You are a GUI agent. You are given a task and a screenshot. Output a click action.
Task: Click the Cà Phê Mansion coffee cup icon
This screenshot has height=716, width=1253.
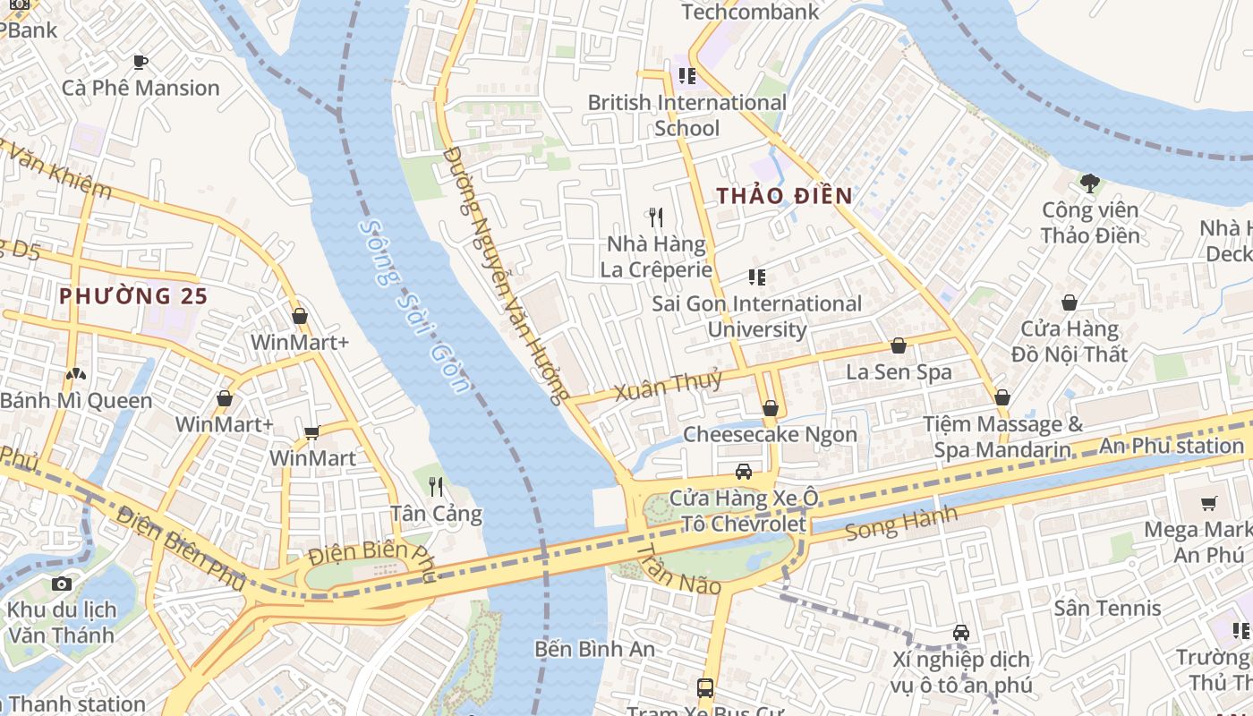point(140,62)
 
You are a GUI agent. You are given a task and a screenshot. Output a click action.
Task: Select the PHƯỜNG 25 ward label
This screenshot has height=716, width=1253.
point(133,295)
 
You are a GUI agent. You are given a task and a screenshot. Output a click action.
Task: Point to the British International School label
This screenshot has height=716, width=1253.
point(686,115)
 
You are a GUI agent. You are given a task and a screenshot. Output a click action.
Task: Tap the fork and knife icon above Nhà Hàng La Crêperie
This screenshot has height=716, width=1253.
point(656,217)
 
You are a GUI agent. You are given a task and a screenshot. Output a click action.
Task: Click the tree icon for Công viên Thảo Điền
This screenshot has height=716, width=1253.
point(1089,183)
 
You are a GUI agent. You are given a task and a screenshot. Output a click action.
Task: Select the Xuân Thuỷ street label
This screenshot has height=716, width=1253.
point(668,386)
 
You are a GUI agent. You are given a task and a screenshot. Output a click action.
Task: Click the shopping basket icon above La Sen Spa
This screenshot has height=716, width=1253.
point(899,345)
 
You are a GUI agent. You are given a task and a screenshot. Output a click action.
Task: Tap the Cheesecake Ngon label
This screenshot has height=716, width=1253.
point(770,434)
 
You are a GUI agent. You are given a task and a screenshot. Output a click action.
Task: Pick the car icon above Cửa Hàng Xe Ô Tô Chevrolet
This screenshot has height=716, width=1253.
point(743,472)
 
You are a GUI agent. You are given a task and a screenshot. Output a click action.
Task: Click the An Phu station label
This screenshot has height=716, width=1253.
point(1171,446)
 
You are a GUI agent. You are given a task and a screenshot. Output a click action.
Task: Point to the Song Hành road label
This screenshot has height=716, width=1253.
point(900,524)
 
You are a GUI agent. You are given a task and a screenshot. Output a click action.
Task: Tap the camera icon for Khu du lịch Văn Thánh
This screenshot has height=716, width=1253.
point(62,584)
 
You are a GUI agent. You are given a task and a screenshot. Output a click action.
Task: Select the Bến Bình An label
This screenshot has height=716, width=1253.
point(594,649)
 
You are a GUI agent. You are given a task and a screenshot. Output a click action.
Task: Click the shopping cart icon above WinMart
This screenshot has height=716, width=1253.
point(311,433)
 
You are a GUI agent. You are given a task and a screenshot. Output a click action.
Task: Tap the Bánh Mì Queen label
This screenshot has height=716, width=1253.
point(76,400)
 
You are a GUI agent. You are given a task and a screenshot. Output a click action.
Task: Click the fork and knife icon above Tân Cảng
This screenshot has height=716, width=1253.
point(436,487)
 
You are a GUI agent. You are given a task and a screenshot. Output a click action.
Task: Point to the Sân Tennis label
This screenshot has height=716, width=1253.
point(1107,609)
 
